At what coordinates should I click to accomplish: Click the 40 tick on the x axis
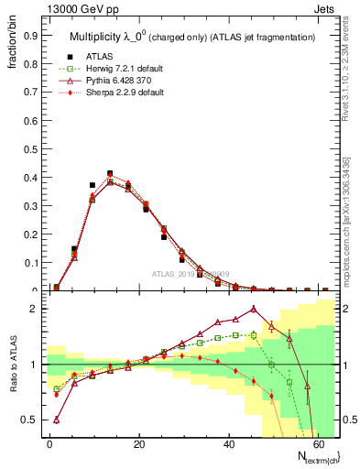tap(228, 451)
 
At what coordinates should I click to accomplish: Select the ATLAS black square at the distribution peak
tap(110, 173)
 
